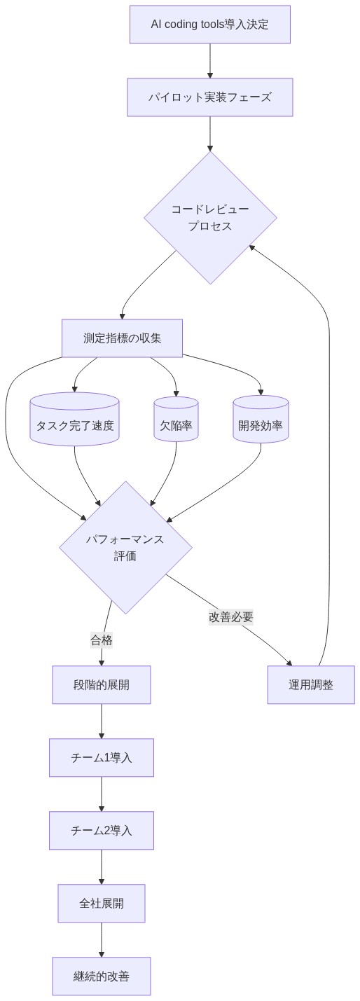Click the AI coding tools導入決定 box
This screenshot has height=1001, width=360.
[x=209, y=25]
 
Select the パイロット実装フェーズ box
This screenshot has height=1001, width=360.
[x=209, y=97]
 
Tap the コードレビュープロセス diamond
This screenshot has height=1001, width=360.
[x=210, y=218]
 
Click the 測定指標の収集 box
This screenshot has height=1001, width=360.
[x=122, y=338]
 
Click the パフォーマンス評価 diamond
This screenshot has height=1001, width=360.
[x=125, y=547]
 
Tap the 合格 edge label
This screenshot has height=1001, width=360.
[x=102, y=640]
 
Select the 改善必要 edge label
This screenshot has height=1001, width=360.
[x=230, y=617]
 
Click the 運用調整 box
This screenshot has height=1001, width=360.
[x=311, y=684]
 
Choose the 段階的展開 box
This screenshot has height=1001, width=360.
[x=102, y=684]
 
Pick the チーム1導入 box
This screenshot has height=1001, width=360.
[x=102, y=757]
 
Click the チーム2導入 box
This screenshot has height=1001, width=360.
[x=102, y=830]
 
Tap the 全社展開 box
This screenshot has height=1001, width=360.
[x=102, y=903]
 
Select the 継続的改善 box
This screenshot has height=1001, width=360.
[x=102, y=976]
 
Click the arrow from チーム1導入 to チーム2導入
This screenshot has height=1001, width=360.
[x=102, y=794]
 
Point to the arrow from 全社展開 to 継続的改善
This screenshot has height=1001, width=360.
[x=102, y=939]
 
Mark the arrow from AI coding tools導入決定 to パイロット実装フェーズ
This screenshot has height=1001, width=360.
[x=209, y=61]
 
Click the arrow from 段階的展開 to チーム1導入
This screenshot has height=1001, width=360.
[x=102, y=721]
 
